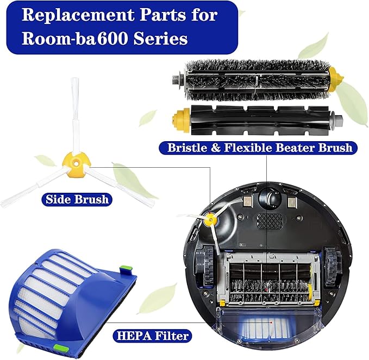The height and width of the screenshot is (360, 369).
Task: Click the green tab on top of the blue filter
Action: point(126,268)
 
